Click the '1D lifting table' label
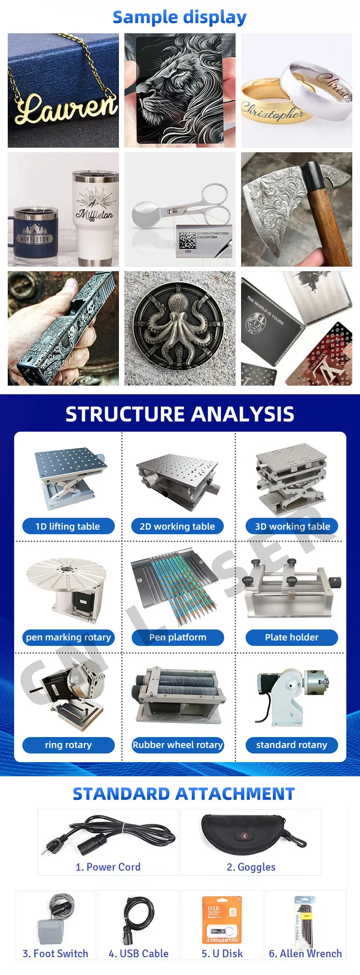pos(68,526)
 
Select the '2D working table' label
pos(177,526)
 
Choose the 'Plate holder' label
pos(292,637)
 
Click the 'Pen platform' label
pos(178,637)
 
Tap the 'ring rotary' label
pos(68,745)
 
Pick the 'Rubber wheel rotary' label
pos(178,745)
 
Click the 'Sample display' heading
pos(180,17)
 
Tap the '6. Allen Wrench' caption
pos(305,954)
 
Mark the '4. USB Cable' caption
pos(139,954)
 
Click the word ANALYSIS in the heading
pos(242,414)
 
